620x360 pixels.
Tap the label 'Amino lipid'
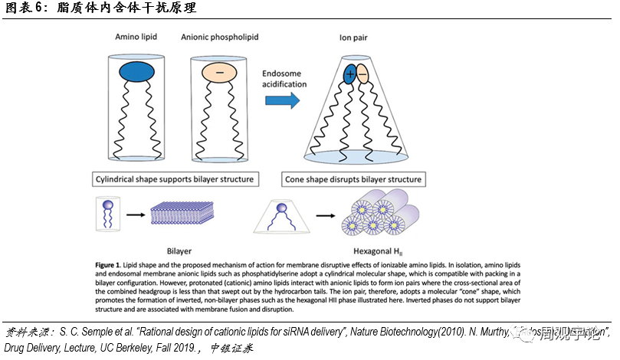point(136,37)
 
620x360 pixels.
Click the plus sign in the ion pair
point(349,74)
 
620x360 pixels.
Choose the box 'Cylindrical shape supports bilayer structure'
point(174,179)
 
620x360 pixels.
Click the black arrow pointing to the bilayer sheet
point(136,215)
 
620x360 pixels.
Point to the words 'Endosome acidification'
point(284,78)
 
